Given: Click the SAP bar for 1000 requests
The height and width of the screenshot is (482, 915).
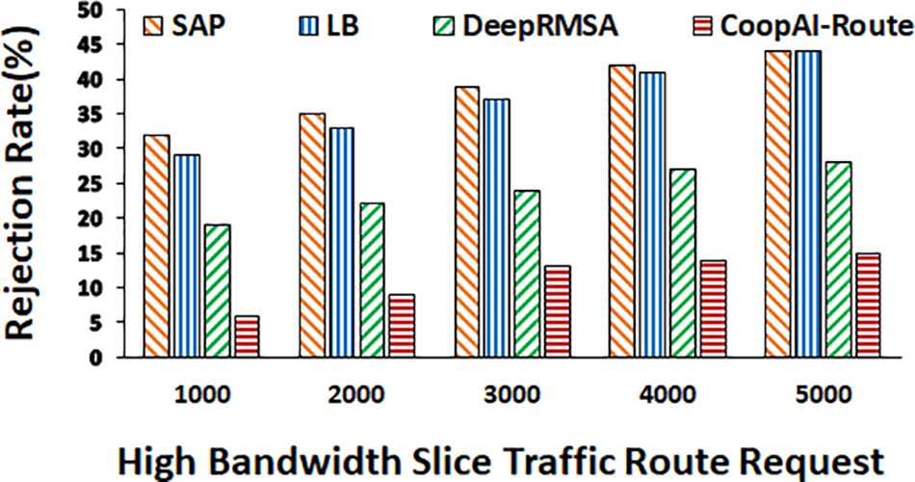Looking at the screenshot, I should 155,246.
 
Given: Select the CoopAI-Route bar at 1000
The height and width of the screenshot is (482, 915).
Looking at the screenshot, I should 247,336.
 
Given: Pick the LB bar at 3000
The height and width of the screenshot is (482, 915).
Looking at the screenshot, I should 497,228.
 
